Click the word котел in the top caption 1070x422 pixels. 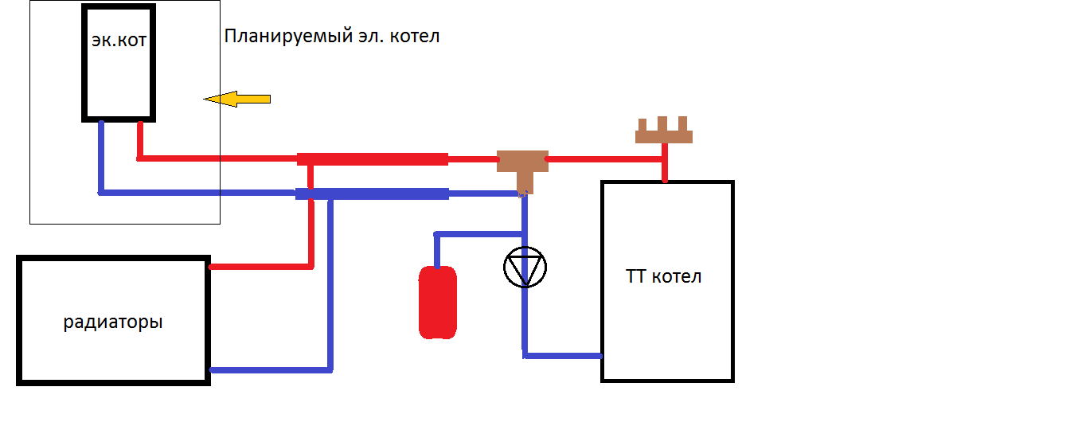[x=415, y=36]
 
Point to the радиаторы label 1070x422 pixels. [x=113, y=322]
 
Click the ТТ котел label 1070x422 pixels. [x=665, y=277]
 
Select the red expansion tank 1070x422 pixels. [x=438, y=302]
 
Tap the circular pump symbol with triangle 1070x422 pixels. [x=525, y=268]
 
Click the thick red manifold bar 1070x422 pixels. [x=372, y=159]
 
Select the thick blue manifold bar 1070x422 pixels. [x=372, y=193]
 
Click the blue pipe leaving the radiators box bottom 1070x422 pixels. [x=271, y=370]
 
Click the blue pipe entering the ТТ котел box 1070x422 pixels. [x=562, y=355]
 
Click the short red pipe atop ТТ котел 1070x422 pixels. [x=664, y=168]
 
